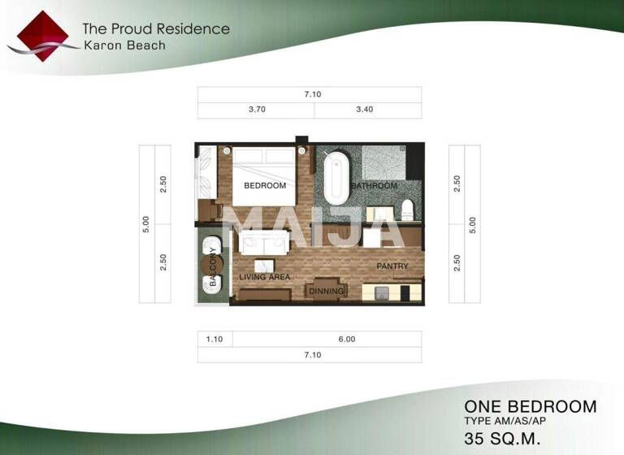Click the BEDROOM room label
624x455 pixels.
click(265, 185)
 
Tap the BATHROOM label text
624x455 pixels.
click(375, 186)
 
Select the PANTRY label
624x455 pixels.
click(392, 266)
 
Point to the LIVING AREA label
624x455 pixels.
click(265, 277)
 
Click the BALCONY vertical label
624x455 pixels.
click(213, 265)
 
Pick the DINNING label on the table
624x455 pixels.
click(327, 291)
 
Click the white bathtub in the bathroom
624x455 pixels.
click(335, 180)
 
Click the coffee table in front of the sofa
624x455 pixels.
click(264, 266)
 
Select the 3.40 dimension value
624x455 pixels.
click(364, 110)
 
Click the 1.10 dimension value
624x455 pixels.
click(214, 340)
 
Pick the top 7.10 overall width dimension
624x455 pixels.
click(313, 94)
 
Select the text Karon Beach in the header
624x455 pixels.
click(124, 45)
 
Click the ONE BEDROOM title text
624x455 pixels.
click(530, 406)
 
